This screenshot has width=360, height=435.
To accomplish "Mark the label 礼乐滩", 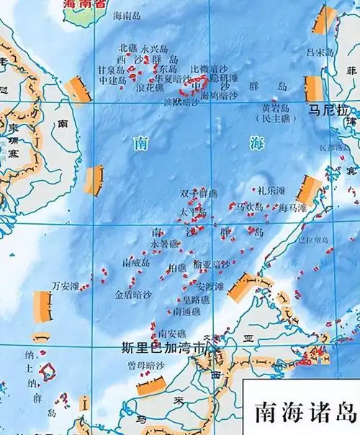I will point(271,191).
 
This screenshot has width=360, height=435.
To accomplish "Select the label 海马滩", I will point(292,207).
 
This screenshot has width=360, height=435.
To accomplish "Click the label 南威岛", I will point(136,264).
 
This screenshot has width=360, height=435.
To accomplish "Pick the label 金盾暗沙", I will point(133,295).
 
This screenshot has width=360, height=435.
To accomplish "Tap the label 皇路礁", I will point(195,299).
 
